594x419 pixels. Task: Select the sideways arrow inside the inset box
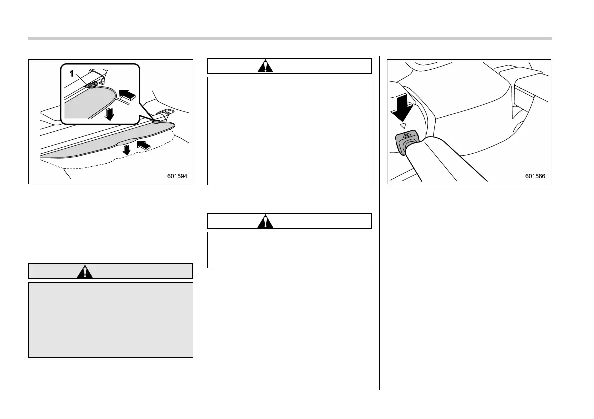coord(126,93)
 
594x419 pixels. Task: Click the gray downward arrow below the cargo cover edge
coord(127,149)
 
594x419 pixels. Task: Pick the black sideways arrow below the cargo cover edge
coord(142,146)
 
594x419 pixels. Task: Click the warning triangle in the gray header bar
coord(86,271)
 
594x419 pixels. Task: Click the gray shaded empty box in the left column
coord(110,320)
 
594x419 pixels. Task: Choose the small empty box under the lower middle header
coord(289,249)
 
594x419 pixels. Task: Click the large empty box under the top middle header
coord(289,131)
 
